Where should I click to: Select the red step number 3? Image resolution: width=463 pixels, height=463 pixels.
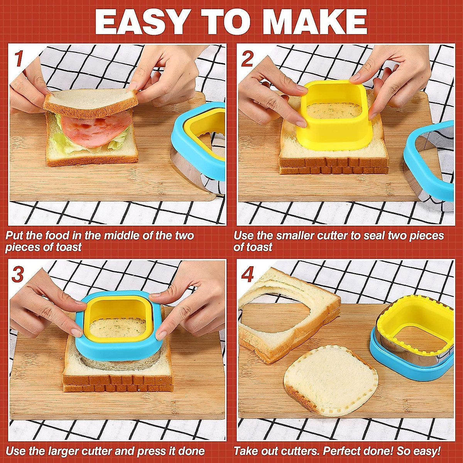[x=18, y=274]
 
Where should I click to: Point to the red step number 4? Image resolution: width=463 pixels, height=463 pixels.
[x=247, y=274]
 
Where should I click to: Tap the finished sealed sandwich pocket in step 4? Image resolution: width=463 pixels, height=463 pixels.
[x=330, y=380]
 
